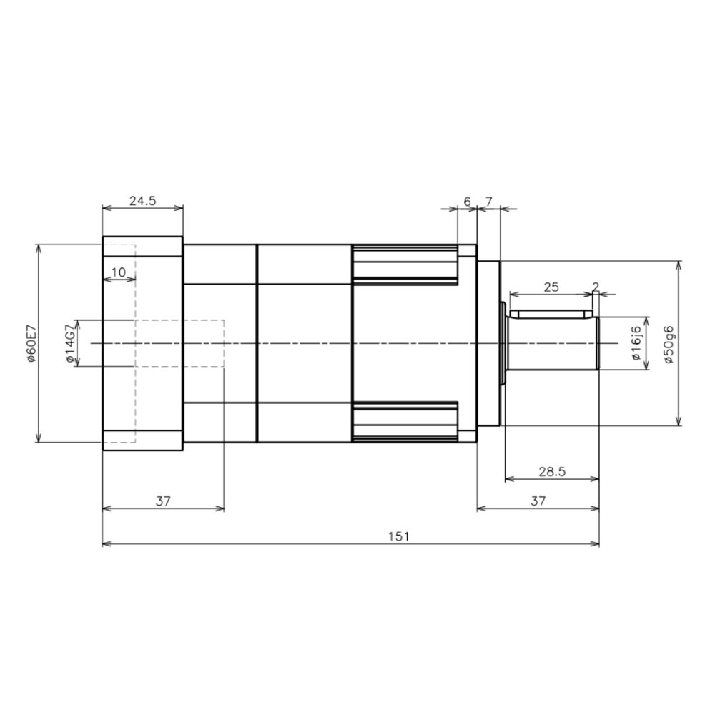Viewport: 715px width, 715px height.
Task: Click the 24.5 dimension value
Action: click(143, 201)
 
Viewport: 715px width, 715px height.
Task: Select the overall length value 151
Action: click(399, 536)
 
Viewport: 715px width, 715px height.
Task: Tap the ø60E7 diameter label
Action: click(31, 343)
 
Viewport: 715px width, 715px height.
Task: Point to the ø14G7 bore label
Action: click(70, 343)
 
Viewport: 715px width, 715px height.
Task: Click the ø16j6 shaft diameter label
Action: click(636, 343)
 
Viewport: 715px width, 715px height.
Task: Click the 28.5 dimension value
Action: click(552, 471)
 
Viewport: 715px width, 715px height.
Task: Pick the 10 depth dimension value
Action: click(119, 272)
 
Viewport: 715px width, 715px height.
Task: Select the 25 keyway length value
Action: click(551, 287)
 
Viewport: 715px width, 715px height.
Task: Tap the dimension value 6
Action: click(467, 201)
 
